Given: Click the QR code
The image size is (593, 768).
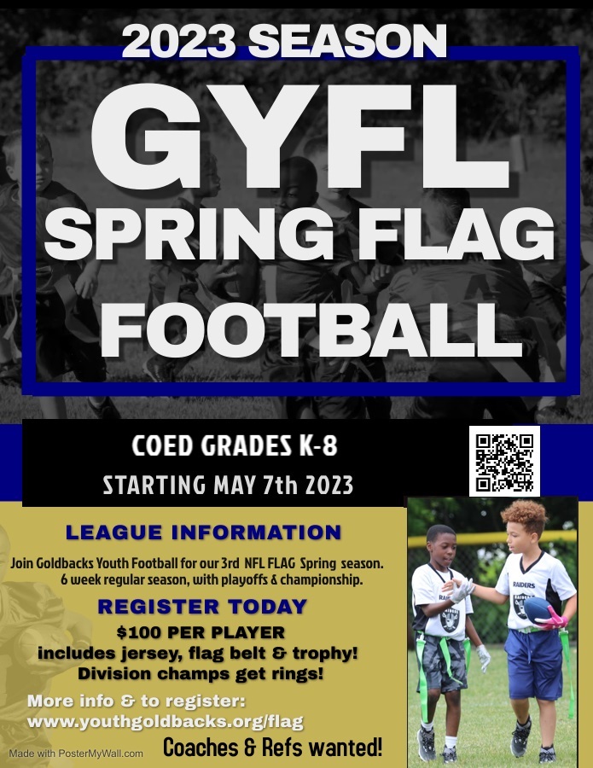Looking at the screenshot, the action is pyautogui.click(x=504, y=462).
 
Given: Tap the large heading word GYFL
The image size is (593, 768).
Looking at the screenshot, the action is pyautogui.click(x=299, y=137).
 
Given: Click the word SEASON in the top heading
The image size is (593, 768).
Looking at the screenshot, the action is pyautogui.click(x=347, y=41).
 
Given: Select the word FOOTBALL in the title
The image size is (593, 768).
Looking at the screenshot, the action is pyautogui.click(x=311, y=330).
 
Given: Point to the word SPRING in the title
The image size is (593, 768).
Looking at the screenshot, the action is pyautogui.click(x=189, y=235).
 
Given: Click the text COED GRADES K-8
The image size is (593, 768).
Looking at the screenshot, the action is pyautogui.click(x=235, y=446).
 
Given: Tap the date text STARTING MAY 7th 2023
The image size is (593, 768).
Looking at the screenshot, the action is pyautogui.click(x=228, y=486).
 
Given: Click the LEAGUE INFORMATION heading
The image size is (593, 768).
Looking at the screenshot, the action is pyautogui.click(x=203, y=532).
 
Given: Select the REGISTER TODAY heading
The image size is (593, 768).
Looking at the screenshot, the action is pyautogui.click(x=202, y=607).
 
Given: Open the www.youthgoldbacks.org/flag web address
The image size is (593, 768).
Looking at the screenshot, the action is pyautogui.click(x=165, y=721).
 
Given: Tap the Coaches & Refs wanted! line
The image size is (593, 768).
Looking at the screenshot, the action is pyautogui.click(x=272, y=748).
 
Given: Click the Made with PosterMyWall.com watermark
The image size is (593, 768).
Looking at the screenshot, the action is pyautogui.click(x=76, y=753).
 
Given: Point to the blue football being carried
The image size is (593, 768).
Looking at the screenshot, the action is pyautogui.click(x=538, y=610).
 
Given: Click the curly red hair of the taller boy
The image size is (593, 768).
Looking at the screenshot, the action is pyautogui.click(x=525, y=517).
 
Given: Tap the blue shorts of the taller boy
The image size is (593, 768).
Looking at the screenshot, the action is pyautogui.click(x=534, y=664).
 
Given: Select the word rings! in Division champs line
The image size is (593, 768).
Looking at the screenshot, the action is pyautogui.click(x=299, y=674).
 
